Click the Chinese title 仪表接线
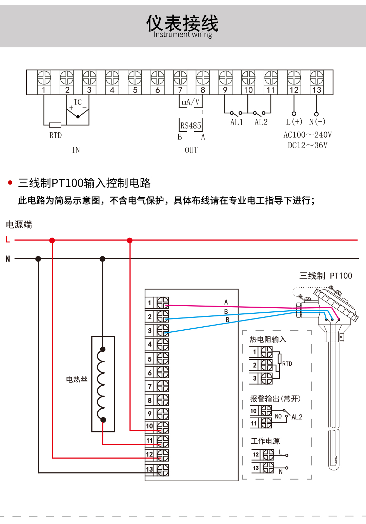coord(182,23)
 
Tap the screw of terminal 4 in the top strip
coord(112,78)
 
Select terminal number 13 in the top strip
coord(317,90)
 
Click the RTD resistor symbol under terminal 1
coord(55,125)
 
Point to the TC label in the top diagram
coord(78,102)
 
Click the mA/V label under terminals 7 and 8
coord(190,102)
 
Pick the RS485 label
coord(190,126)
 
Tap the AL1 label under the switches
coord(237,122)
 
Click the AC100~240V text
coord(307,135)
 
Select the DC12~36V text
coord(307,145)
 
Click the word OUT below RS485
coord(191,150)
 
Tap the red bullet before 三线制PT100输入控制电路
coord(10,183)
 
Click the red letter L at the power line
coord(7,240)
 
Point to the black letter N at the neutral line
coord(8,259)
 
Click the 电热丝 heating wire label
coord(77,380)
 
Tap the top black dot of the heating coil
coord(103,349)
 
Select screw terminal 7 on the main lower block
coord(163,386)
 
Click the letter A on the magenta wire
coord(226,302)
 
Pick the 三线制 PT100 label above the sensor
coord(326,276)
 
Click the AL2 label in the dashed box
coord(297,417)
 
